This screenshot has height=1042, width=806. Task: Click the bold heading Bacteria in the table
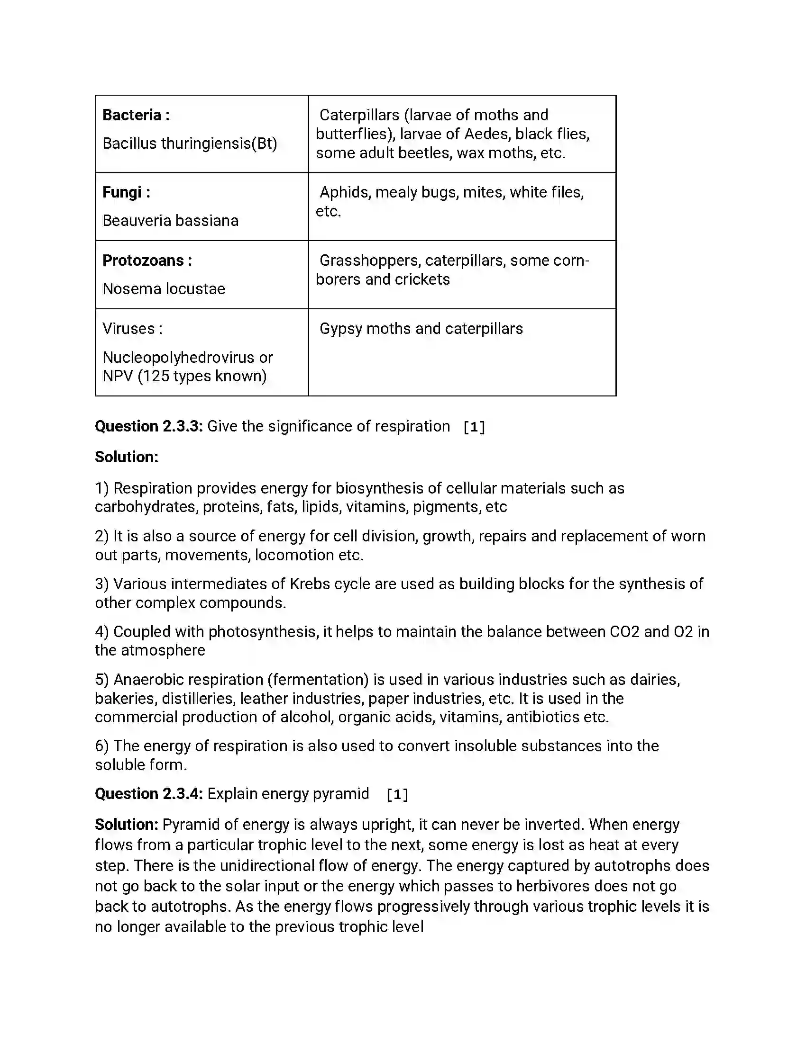click(x=132, y=115)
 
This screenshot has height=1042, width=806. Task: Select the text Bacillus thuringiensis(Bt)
click(x=190, y=143)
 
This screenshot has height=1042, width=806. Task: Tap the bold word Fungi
click(x=122, y=192)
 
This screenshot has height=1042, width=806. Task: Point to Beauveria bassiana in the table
click(x=171, y=220)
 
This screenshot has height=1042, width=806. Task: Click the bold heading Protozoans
click(x=143, y=260)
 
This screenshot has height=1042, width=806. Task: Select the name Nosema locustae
click(x=164, y=288)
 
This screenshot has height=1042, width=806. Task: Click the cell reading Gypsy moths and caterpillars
click(x=421, y=329)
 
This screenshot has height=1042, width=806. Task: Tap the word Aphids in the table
click(x=345, y=192)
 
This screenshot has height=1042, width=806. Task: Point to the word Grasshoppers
click(x=370, y=260)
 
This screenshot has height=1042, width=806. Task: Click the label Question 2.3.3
click(x=149, y=426)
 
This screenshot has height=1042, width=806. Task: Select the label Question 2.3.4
click(x=149, y=794)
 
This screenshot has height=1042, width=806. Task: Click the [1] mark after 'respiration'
click(x=474, y=427)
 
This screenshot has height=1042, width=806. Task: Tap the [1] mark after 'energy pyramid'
click(x=397, y=795)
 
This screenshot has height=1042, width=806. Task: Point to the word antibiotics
click(x=542, y=717)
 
